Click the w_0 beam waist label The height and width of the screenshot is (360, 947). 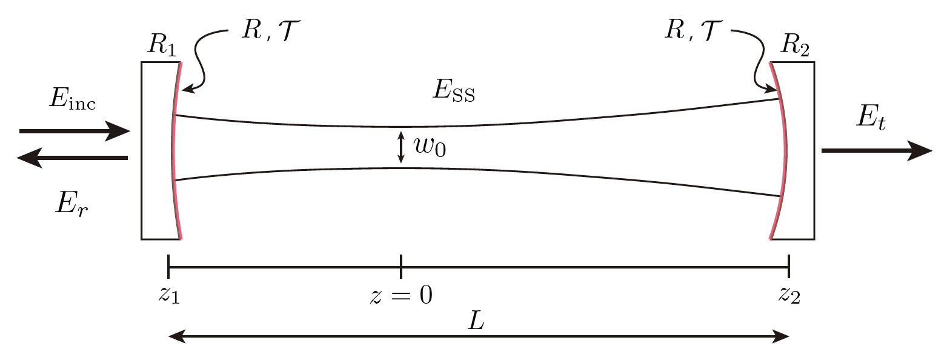point(429,147)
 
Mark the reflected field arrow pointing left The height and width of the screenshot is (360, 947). point(72,158)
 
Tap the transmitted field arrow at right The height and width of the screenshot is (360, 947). point(876,150)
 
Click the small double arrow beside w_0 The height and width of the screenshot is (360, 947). point(400,148)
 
